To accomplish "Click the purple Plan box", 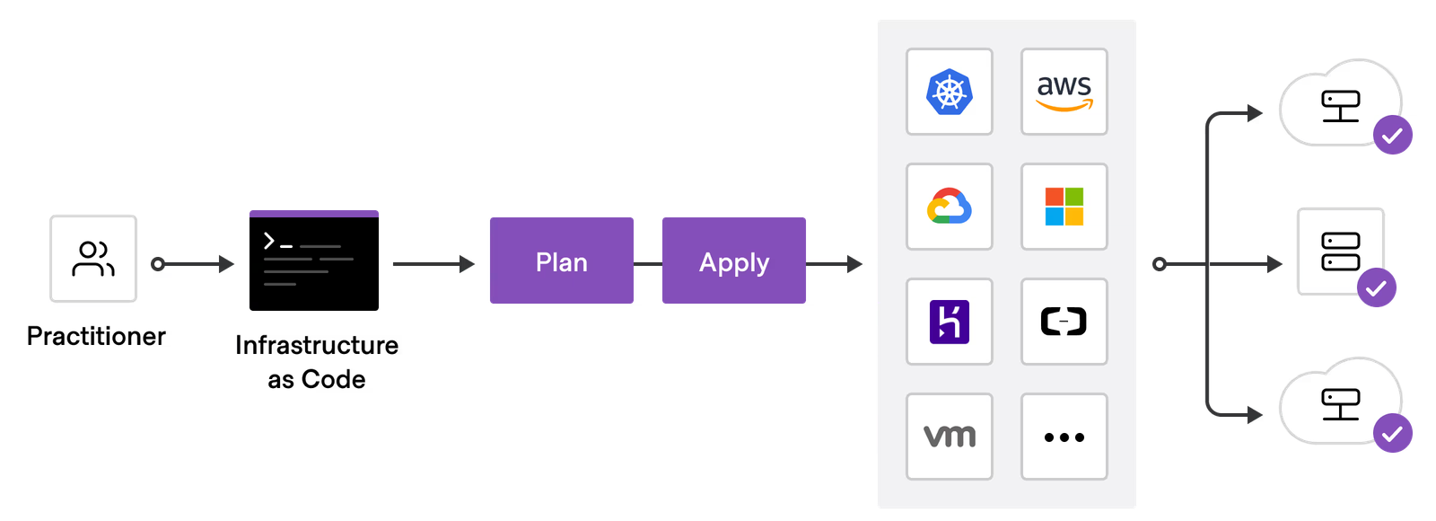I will click(562, 260).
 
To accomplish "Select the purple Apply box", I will click(734, 260).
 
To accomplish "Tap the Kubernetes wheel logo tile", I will click(949, 92).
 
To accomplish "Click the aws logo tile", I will click(1064, 92).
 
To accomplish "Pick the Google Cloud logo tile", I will click(949, 207).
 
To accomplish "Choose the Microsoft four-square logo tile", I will click(1064, 207).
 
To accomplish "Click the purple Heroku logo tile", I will click(949, 322).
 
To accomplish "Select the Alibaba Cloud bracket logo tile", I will click(1064, 322).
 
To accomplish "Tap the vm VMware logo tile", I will click(949, 437).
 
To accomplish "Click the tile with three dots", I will click(1064, 437).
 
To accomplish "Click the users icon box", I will click(93, 259).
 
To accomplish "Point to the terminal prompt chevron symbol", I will click(268, 240).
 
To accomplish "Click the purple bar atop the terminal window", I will click(314, 214).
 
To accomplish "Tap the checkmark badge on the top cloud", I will click(1393, 136).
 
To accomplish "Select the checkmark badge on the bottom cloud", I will click(1393, 434).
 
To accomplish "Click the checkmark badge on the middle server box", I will click(1376, 288).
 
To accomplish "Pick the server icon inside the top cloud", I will click(1340, 106).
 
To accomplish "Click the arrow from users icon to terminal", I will click(193, 264).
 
